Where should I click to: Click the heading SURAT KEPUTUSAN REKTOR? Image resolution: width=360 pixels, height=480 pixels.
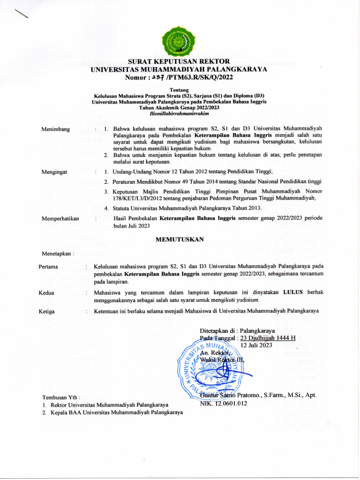[179, 61]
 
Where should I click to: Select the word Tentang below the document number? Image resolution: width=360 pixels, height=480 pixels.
[180, 90]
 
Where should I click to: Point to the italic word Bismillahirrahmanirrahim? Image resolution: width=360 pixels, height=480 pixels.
[180, 114]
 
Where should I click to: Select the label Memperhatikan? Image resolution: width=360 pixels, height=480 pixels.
[60, 218]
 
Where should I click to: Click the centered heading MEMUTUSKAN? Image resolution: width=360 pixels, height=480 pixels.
[180, 240]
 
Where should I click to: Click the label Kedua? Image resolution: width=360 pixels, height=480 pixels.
[47, 292]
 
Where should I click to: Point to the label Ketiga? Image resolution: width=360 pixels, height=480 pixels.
[47, 311]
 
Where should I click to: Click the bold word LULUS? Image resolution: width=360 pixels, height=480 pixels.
[294, 292]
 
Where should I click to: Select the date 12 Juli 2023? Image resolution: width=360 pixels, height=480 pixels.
[256, 345]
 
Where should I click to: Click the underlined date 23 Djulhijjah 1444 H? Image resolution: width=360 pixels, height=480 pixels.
[268, 337]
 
